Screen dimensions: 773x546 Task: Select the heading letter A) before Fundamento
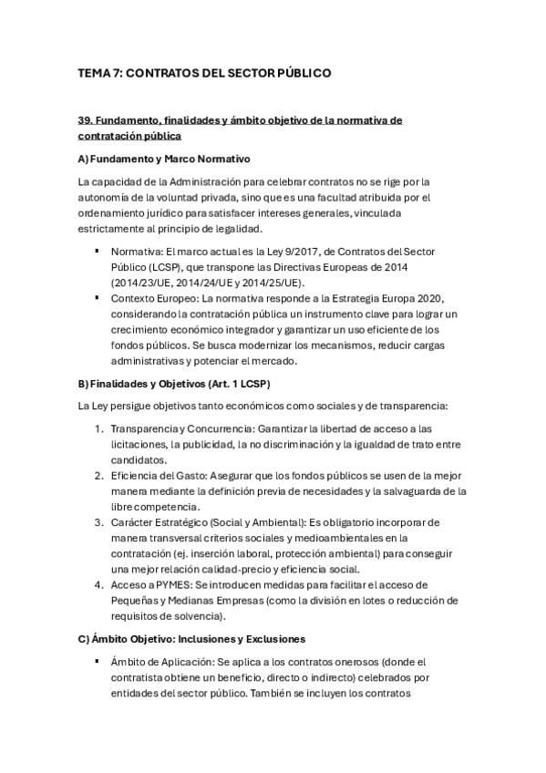pos(84,158)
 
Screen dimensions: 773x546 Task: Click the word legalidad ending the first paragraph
pos(236,228)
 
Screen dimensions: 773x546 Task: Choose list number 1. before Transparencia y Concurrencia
pos(98,428)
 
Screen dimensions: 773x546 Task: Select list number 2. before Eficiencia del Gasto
pos(98,475)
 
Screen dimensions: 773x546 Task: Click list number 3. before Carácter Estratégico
pos(98,522)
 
